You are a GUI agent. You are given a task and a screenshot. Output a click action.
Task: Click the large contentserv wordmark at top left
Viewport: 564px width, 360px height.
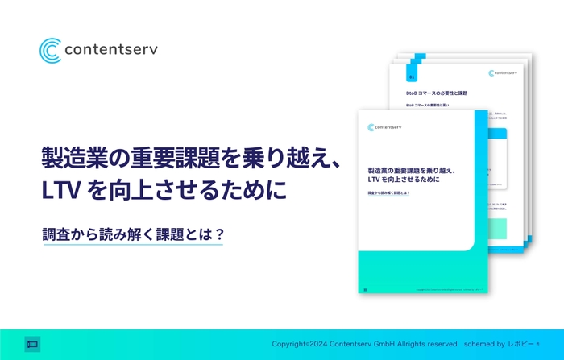112,50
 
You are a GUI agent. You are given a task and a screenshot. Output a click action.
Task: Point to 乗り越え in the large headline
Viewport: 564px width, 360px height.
275,157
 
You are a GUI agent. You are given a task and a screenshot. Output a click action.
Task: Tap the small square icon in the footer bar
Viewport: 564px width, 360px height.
32,343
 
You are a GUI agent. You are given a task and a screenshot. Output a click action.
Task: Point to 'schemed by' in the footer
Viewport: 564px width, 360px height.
483,344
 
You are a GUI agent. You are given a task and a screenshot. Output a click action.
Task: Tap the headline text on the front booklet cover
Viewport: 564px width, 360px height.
411,176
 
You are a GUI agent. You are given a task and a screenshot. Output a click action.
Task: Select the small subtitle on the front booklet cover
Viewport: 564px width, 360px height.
389,193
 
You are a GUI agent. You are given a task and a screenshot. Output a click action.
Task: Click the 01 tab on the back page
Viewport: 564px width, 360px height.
412,78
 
